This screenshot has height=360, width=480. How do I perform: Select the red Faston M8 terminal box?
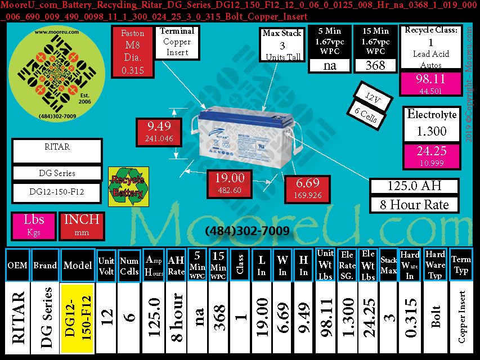point(133,53)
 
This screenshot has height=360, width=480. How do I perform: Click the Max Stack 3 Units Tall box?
point(282,45)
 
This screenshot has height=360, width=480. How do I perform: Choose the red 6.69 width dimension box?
point(307,190)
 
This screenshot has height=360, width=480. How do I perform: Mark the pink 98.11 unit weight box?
point(430,83)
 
